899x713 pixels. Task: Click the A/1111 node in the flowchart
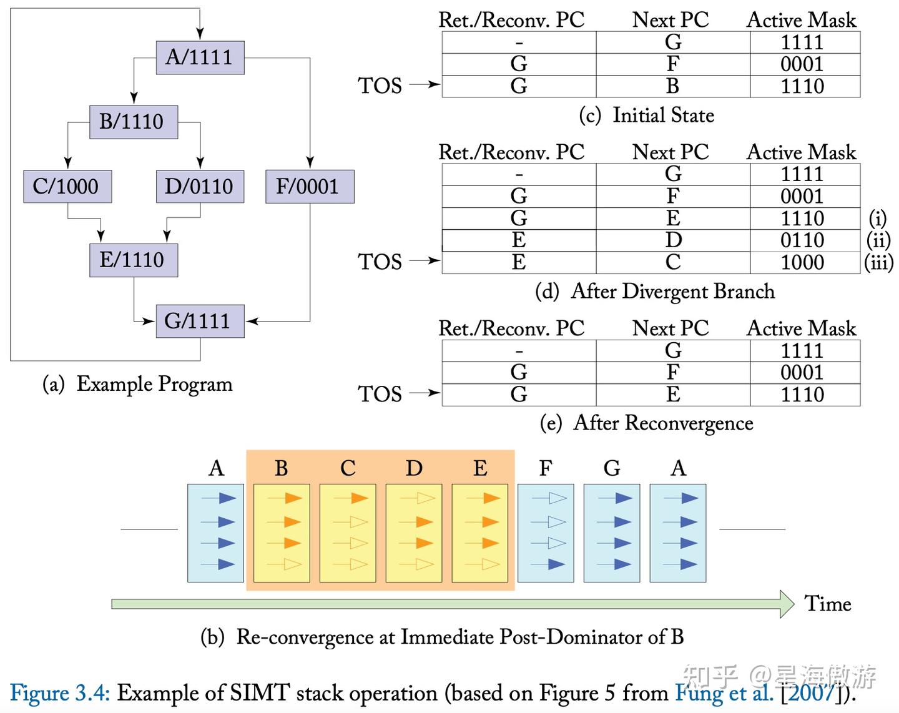click(200, 57)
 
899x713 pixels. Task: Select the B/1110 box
click(133, 122)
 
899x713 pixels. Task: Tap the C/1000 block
click(67, 186)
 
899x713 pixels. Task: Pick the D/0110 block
click(200, 186)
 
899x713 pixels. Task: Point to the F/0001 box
click(309, 186)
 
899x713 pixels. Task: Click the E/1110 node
click(133, 260)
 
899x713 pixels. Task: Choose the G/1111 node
click(200, 321)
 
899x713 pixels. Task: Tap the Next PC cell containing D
click(672, 240)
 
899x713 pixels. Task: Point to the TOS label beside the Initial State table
click(380, 86)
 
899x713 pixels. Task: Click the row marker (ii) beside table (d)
click(878, 240)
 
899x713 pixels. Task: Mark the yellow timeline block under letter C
click(348, 533)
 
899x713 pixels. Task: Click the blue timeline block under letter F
click(546, 533)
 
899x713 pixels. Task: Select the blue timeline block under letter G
click(612, 533)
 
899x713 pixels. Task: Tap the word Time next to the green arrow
click(828, 604)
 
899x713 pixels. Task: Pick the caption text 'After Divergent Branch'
click(672, 292)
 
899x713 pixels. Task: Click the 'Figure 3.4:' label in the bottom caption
click(60, 693)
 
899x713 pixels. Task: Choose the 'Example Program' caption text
click(154, 384)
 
